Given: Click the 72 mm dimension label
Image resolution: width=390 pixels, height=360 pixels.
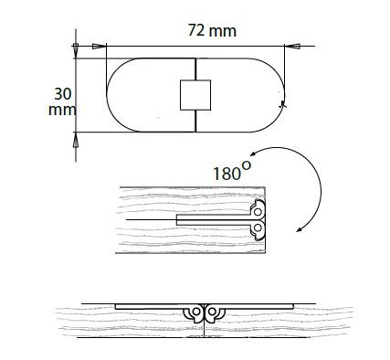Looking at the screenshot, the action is click(x=212, y=30).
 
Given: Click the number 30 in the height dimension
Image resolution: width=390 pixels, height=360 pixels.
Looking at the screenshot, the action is click(x=63, y=94).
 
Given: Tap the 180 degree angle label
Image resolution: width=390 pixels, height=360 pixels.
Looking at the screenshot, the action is click(x=232, y=171).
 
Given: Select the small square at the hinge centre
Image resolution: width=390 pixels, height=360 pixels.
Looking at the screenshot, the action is click(x=195, y=95).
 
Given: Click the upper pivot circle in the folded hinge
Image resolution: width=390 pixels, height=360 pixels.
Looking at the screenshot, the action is click(x=258, y=212).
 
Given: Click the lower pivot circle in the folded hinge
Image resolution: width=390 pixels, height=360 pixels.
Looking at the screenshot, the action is click(x=258, y=228).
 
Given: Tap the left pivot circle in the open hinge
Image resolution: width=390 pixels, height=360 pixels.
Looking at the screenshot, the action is click(x=196, y=312).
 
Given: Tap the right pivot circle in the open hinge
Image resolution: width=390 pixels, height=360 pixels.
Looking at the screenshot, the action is click(x=212, y=312).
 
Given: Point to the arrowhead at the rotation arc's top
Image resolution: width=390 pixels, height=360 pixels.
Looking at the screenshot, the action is click(x=252, y=154).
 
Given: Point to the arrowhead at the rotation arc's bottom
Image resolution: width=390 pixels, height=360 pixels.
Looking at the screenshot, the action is click(x=300, y=229).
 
